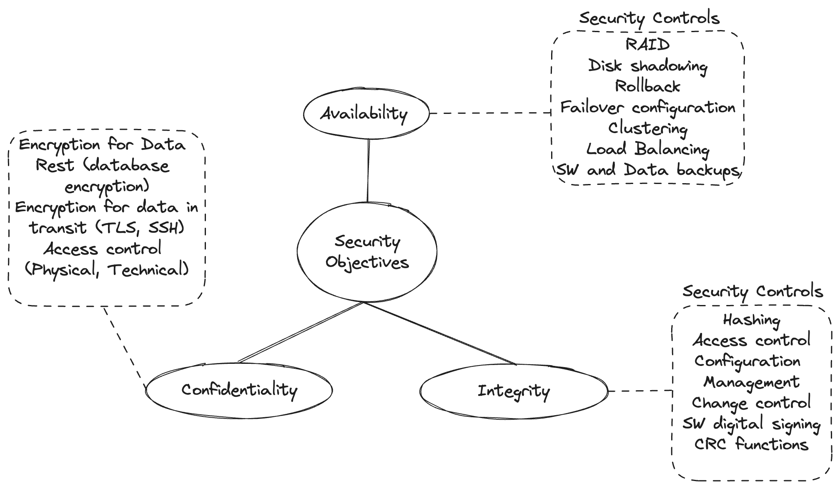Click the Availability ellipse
click(366, 113)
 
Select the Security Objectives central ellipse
click(367, 252)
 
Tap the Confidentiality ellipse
click(239, 390)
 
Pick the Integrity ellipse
click(513, 391)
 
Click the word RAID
click(647, 44)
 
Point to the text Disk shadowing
click(647, 66)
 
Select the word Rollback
click(647, 86)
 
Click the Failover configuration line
click(647, 108)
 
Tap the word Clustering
click(647, 129)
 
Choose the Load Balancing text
click(647, 149)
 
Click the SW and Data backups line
click(647, 170)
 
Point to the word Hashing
click(751, 320)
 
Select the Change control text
click(751, 403)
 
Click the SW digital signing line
click(751, 424)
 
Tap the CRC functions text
click(751, 444)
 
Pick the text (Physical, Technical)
click(107, 270)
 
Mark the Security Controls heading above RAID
click(649, 18)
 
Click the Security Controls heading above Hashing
click(752, 291)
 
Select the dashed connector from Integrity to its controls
click(640, 391)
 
